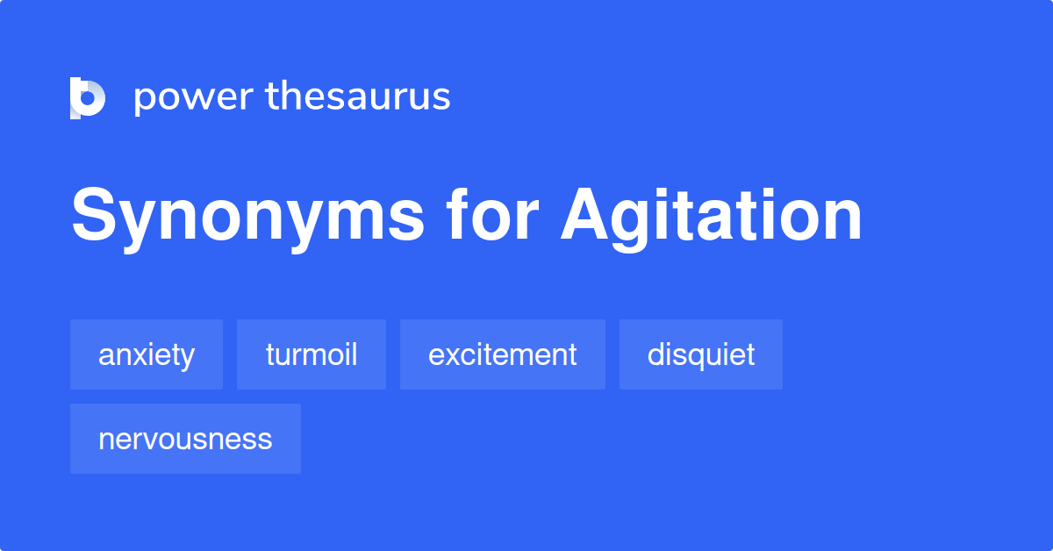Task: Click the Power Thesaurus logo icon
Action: pos(88,97)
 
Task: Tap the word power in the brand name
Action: pos(194,97)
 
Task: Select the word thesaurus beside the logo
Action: pos(358,96)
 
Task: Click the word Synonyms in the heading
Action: pos(247,218)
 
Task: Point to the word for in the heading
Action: pos(492,213)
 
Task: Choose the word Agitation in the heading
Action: pos(712,218)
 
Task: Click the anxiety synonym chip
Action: pos(147,354)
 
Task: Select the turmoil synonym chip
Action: pos(312,354)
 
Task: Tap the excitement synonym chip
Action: pos(503,354)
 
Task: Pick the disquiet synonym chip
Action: pos(701,354)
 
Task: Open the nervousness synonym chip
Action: pos(185,439)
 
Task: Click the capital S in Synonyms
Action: pos(94,214)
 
